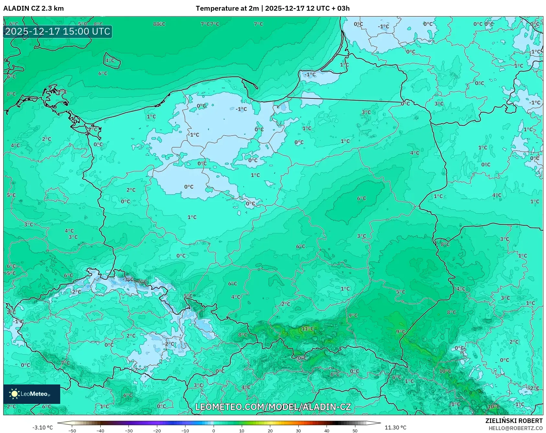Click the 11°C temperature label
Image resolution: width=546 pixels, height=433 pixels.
click(307, 328)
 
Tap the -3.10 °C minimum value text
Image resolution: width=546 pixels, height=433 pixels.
click(42, 427)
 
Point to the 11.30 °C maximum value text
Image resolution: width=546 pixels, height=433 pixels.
click(395, 427)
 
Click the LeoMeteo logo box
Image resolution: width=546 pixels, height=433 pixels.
click(32, 394)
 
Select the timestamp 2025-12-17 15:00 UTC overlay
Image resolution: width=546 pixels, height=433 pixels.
click(58, 31)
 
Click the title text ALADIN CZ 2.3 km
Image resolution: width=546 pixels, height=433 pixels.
click(33, 8)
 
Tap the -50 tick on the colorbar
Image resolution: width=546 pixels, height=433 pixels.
click(72, 431)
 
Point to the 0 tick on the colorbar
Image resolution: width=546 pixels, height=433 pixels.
click(213, 431)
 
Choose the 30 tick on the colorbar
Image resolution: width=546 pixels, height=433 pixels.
click(298, 431)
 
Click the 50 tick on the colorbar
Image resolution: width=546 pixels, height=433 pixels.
click(355, 431)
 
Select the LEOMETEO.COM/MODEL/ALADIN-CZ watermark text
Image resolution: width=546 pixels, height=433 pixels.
click(273, 407)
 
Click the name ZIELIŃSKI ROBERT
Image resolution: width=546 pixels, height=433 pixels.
click(514, 421)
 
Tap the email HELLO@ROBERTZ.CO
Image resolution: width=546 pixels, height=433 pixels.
click(515, 428)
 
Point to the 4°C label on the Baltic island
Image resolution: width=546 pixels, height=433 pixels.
click(110, 60)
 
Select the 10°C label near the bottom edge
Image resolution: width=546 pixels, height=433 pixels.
click(493, 406)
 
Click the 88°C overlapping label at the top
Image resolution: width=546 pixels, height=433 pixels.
click(159, 24)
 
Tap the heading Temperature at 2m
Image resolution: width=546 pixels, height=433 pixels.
click(227, 8)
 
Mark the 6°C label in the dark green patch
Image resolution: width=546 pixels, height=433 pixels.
click(362, 198)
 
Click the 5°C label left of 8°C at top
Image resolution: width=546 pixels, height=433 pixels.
click(82, 24)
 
